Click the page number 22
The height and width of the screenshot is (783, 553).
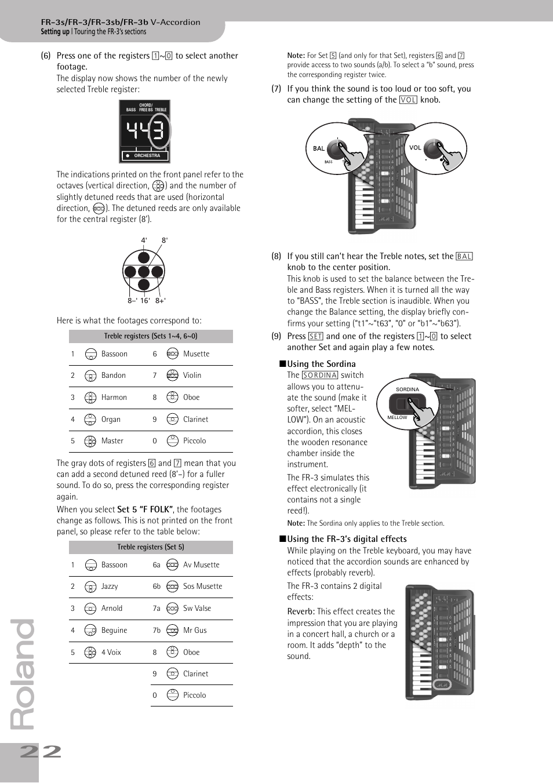tap(40, 752)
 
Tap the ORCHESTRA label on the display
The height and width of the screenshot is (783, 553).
tap(147, 156)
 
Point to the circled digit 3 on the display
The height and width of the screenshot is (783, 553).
tap(158, 132)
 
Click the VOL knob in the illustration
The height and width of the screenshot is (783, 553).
tap(432, 147)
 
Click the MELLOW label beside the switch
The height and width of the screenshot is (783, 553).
tap(397, 417)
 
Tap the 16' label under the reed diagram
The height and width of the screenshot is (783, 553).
tap(145, 301)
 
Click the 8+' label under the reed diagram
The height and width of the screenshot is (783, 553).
tap(161, 301)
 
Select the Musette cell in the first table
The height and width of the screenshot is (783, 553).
tap(196, 354)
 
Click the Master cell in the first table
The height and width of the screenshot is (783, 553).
tap(112, 441)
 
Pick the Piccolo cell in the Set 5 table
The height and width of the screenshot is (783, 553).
tap(194, 695)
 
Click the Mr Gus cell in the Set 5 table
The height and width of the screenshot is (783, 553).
tap(195, 631)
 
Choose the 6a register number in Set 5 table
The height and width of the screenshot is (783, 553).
tap(157, 565)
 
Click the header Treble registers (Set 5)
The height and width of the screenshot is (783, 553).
tap(151, 547)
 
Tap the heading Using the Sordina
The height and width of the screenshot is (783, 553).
tap(321, 364)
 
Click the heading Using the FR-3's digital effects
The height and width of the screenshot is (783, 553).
tap(347, 539)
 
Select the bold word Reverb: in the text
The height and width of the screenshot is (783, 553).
tap(301, 611)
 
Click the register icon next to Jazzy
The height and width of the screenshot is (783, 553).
tap(90, 587)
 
